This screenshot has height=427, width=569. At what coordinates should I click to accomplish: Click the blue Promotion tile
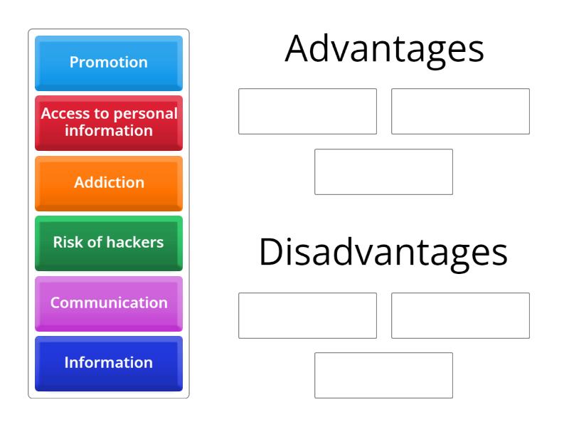(109, 63)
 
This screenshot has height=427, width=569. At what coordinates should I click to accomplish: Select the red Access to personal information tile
(109, 123)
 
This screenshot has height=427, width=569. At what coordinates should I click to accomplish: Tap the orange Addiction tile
(109, 184)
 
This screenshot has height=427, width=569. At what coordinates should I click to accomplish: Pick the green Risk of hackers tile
(109, 243)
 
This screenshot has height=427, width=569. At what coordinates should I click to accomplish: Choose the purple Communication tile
(109, 304)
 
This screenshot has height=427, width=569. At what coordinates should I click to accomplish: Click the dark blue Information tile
(109, 364)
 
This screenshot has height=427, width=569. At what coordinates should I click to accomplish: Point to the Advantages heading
(384, 49)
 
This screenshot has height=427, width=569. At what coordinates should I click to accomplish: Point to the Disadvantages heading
(383, 253)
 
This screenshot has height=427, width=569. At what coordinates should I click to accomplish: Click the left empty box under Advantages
(308, 111)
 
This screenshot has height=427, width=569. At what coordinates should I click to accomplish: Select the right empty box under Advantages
(460, 111)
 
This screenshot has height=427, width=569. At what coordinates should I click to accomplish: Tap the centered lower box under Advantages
(384, 172)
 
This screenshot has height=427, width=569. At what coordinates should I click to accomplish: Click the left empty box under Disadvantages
(308, 315)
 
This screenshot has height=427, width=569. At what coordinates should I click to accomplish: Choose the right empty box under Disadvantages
(460, 315)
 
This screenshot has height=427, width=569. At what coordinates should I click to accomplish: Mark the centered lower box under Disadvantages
(384, 376)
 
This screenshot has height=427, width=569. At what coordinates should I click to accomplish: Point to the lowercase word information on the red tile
(109, 131)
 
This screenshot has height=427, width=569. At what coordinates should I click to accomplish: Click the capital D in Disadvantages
(269, 253)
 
